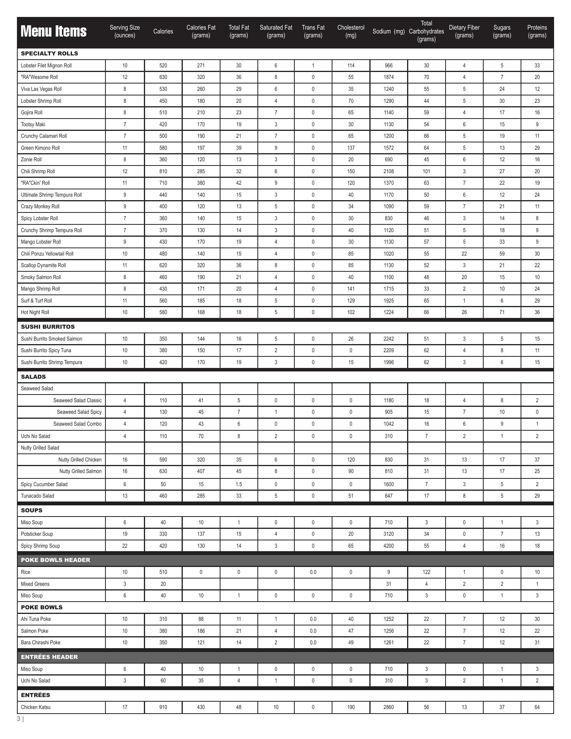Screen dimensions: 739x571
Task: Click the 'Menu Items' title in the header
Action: tap(53, 31)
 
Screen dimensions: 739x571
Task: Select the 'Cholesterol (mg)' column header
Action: tap(351, 32)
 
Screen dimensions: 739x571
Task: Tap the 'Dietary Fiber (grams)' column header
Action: tap(464, 32)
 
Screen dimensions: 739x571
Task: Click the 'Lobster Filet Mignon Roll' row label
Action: tap(46, 65)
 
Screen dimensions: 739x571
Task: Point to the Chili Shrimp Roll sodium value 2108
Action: tap(389, 171)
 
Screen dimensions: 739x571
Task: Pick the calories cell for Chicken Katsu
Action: tap(163, 707)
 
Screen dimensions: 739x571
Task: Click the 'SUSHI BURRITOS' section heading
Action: tap(48, 326)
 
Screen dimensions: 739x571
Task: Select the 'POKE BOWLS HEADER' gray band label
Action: tap(55, 560)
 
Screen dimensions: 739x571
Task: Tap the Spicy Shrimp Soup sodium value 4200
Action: tap(389, 546)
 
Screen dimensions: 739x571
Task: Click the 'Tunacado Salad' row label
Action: tap(37, 496)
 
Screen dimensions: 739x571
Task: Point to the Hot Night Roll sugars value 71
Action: tap(502, 312)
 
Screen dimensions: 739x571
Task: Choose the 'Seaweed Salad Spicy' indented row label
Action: tap(79, 412)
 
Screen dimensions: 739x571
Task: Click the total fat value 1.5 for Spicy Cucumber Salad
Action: tap(239, 484)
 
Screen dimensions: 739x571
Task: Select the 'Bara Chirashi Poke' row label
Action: tap(40, 642)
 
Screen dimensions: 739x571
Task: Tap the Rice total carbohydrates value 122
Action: tap(426, 572)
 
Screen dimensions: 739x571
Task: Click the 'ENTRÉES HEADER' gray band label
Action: tap(49, 657)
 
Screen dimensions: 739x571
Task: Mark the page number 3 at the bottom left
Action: tap(18, 719)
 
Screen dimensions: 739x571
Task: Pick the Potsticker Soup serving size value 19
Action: tap(125, 534)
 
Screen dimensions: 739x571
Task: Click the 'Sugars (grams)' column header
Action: tap(502, 32)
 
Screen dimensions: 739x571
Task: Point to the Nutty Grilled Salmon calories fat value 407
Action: tap(201, 471)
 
